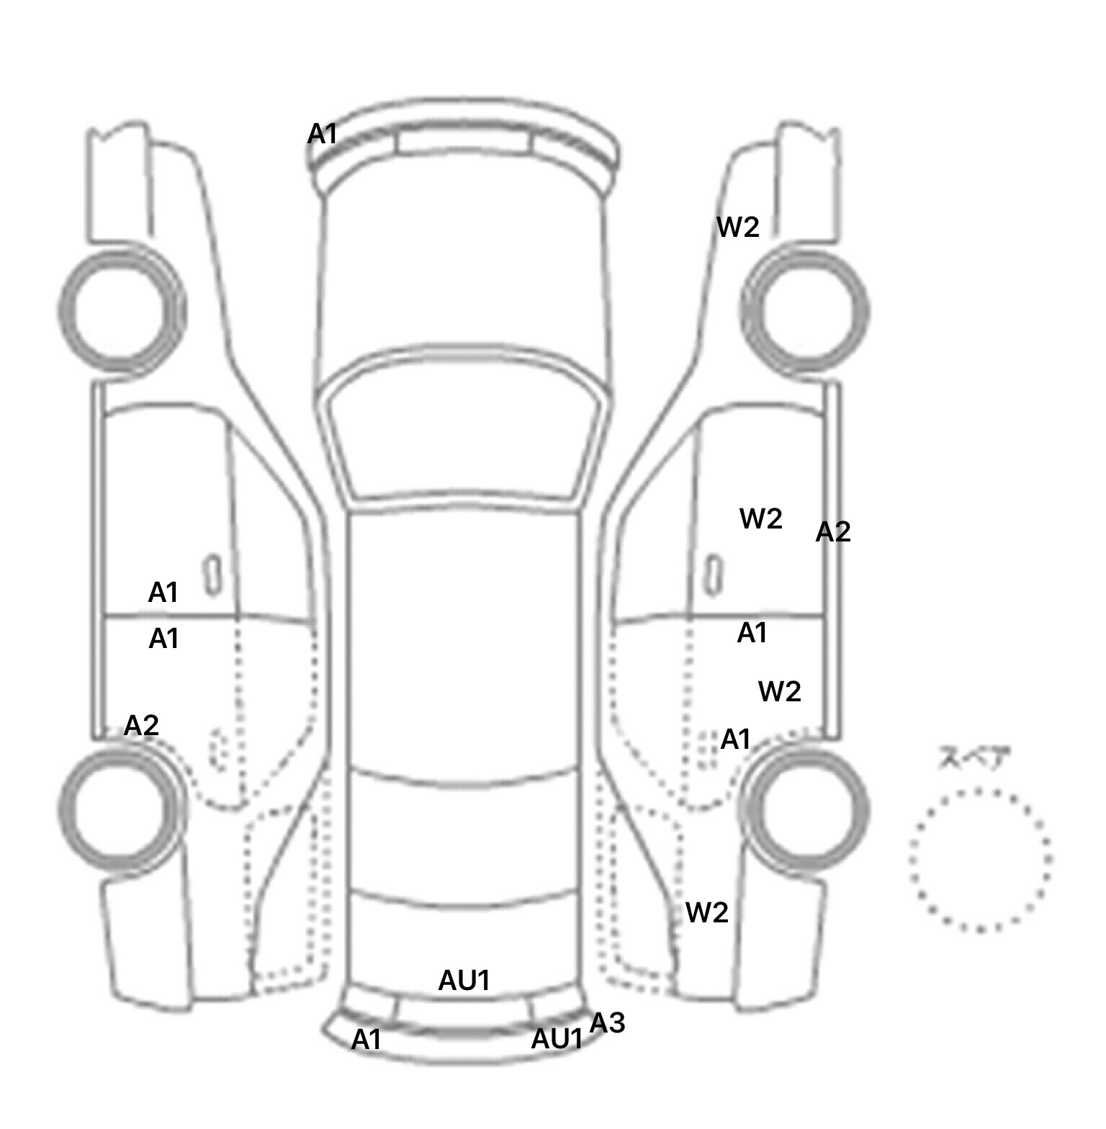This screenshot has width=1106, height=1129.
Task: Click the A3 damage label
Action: [x=607, y=1022]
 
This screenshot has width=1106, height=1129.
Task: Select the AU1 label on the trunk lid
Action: [x=464, y=980]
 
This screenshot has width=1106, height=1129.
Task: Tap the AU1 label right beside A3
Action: [x=556, y=1039]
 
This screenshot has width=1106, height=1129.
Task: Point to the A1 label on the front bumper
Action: [x=322, y=133]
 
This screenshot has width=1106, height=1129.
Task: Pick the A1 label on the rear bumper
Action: [x=366, y=1040]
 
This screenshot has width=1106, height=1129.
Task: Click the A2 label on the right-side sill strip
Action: [x=833, y=532]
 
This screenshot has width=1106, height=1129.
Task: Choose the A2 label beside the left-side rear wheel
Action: [x=141, y=725]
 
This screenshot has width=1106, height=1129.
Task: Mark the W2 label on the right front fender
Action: [x=738, y=228]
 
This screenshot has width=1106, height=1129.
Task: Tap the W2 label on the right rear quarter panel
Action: [x=707, y=912]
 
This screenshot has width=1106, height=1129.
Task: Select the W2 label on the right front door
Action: [x=761, y=518]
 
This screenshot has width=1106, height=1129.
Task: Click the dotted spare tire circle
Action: [x=980, y=860]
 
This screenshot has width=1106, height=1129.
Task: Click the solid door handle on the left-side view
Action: [x=212, y=575]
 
